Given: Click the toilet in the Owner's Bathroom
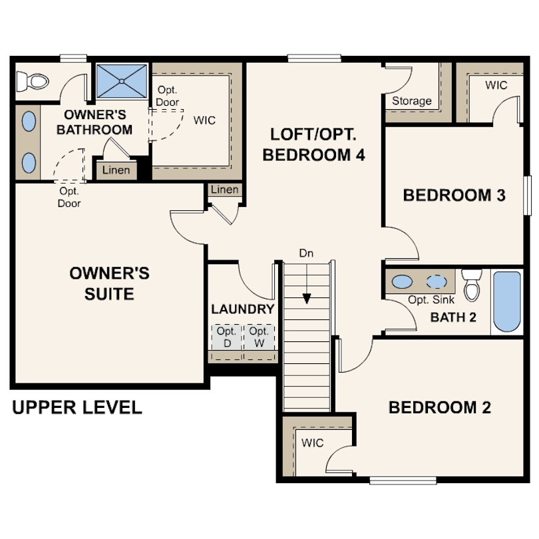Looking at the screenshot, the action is click(x=33, y=81).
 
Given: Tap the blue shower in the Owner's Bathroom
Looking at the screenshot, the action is click(x=122, y=81).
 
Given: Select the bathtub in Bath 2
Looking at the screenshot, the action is click(x=507, y=301).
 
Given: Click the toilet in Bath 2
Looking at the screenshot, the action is click(x=472, y=285).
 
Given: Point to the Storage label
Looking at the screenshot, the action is click(x=412, y=100).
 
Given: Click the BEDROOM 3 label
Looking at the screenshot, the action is click(x=454, y=195).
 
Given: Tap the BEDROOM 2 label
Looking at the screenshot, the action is click(x=440, y=407).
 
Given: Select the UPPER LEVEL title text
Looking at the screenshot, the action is click(x=77, y=407).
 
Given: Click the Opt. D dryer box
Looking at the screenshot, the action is click(x=227, y=337).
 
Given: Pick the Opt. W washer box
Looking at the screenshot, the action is click(x=260, y=337).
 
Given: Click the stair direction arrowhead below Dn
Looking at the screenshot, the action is click(x=307, y=299).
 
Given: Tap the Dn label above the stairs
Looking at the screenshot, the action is click(x=306, y=254).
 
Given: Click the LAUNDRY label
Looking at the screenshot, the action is click(x=243, y=309).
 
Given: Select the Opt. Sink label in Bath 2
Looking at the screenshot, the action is click(x=431, y=299).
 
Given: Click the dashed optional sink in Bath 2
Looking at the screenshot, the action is click(x=437, y=282).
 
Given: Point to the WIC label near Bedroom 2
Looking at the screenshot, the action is click(x=313, y=443).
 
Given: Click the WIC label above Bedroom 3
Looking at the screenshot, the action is click(x=496, y=85).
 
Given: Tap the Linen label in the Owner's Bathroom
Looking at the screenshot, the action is click(x=116, y=170).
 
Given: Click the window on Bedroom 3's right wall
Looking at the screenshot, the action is click(x=527, y=196).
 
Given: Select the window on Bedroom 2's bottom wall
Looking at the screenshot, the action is click(x=403, y=480).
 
